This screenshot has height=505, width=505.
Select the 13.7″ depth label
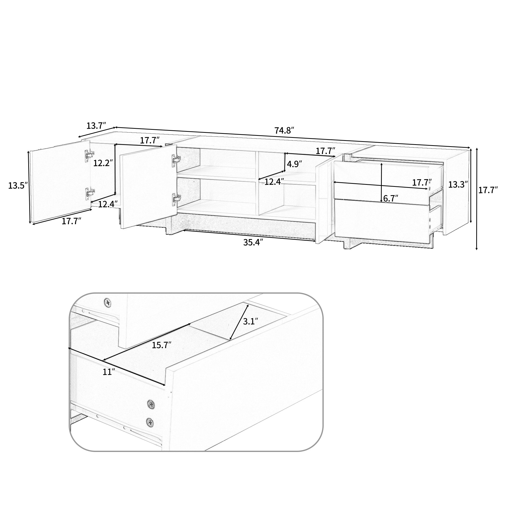tap(96, 126)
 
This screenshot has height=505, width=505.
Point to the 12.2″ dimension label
tap(103, 163)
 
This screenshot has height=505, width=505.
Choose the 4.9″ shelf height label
tap(294, 164)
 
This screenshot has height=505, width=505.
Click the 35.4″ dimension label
tap(253, 242)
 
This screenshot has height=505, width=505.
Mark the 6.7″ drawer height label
tap(391, 198)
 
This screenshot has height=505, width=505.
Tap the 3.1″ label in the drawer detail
tap(251, 321)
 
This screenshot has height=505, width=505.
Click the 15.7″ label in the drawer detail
tap(162, 345)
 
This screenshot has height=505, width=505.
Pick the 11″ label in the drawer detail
tap(107, 372)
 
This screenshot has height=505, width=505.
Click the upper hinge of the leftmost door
tap(89, 155)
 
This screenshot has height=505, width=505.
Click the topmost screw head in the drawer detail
tap(107, 302)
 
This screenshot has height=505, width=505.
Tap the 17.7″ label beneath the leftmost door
tap(71, 221)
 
